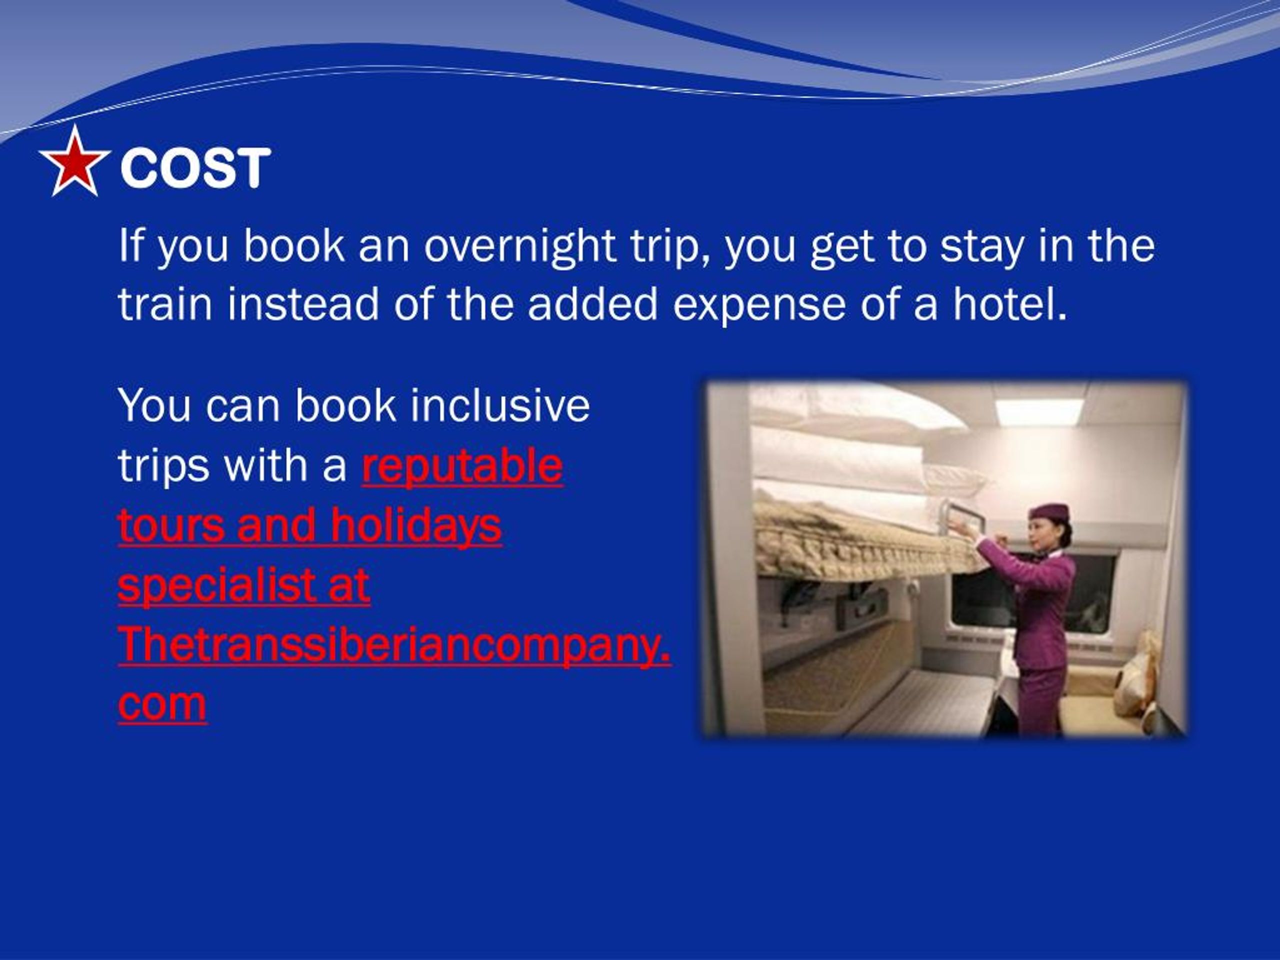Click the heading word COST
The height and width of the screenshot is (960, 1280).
pyautogui.click(x=195, y=168)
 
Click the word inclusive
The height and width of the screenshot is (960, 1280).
pyautogui.click(x=500, y=405)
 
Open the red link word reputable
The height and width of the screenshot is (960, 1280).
pyautogui.click(x=462, y=466)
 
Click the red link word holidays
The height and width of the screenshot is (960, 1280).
pyautogui.click(x=415, y=525)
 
